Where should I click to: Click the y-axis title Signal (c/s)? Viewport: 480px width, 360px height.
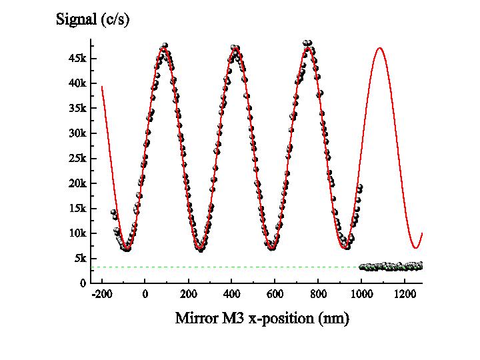click(92, 20)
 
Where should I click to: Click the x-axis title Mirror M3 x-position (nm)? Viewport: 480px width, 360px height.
click(262, 318)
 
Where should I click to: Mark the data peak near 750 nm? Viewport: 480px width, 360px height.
click(307, 43)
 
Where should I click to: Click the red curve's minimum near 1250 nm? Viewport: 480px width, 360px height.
click(416, 248)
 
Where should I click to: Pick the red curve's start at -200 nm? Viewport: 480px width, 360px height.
click(102, 87)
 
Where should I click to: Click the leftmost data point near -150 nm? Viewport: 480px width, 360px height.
click(113, 213)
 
